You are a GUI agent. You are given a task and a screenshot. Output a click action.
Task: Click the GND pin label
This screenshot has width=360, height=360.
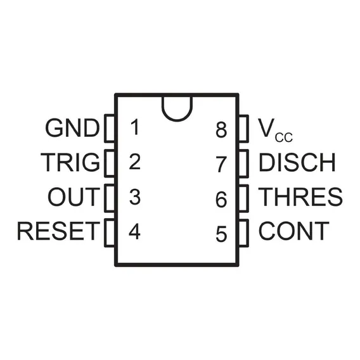72,127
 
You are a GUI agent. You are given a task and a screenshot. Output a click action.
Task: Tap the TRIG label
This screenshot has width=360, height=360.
70,162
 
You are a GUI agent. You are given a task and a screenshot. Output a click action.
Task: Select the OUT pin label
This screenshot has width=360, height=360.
74,196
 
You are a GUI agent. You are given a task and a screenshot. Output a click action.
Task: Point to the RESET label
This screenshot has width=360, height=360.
58,231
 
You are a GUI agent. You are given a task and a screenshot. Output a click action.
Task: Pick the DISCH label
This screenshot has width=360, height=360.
297,162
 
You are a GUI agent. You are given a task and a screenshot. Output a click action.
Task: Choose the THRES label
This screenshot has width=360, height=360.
300,196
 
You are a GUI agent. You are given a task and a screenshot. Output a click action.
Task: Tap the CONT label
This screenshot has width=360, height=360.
294,231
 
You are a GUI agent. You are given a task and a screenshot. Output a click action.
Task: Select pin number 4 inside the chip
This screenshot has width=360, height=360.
134,231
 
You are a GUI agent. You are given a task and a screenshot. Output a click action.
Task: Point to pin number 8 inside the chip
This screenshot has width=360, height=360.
221,130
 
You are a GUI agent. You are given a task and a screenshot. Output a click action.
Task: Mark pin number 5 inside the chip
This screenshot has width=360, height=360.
221,234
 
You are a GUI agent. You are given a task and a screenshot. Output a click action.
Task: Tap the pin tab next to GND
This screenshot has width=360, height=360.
110,128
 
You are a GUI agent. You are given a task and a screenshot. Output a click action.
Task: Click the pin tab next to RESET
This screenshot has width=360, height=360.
110,233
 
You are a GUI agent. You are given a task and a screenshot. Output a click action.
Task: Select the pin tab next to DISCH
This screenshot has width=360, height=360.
243,164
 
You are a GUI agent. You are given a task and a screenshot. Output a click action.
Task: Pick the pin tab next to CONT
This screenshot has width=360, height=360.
243,233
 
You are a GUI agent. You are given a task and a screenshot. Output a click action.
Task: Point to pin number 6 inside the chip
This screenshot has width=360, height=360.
221,200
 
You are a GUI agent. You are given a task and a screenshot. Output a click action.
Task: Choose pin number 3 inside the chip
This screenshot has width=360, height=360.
135,196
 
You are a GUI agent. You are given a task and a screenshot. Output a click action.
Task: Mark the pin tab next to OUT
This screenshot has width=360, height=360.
110,198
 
